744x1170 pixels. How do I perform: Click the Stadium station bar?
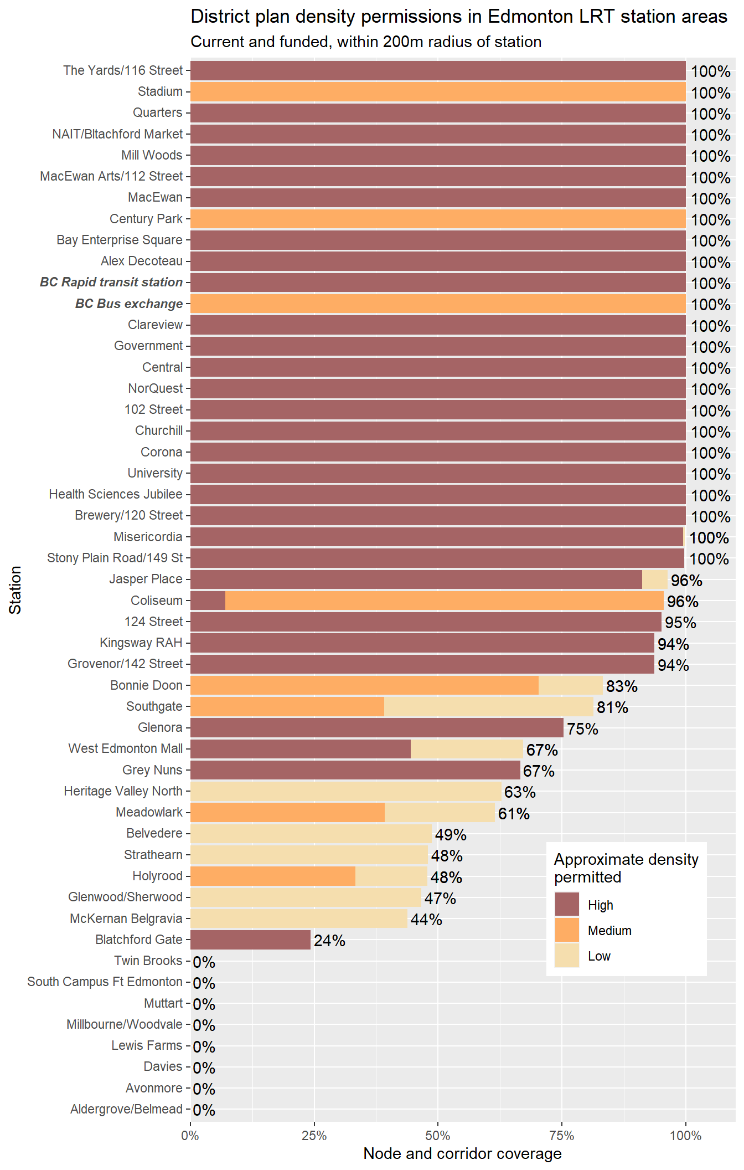437,91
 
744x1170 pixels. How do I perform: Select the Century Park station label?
146,219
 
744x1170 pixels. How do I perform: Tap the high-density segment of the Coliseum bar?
208,601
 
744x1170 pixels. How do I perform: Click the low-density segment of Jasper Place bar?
654,579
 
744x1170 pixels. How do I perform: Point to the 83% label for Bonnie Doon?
622,686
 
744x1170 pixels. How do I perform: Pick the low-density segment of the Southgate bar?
488,707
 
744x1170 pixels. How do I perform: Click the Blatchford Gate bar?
250,940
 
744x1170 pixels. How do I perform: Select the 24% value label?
329,941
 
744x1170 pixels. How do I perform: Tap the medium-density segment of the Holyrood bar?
272,876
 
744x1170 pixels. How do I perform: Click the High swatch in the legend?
567,905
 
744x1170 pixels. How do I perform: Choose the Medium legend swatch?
567,930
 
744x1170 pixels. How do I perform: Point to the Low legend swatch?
567,956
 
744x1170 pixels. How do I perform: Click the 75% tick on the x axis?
562,1136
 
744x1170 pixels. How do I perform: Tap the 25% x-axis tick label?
314,1136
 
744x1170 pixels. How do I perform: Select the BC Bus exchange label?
129,304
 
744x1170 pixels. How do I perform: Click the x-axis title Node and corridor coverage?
462,1154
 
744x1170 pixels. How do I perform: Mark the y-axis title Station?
15,589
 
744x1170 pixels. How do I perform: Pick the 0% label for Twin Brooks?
204,962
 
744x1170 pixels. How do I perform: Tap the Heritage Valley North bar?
345,791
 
